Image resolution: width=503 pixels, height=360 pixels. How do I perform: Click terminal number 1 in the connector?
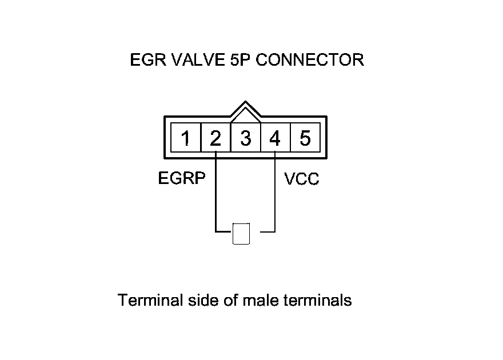pos(186,138)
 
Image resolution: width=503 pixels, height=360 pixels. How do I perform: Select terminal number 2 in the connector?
pos(215,138)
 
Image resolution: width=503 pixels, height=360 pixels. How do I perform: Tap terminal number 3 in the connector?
pos(245,139)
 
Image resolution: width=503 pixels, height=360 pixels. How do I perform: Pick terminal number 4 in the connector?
pos(275,138)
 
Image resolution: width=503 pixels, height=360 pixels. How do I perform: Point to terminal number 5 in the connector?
pos(305,138)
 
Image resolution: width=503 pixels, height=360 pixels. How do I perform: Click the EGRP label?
pos(182,179)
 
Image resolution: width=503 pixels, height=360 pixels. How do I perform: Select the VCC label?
pos(302,179)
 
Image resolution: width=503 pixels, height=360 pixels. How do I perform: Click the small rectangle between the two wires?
pos(242,233)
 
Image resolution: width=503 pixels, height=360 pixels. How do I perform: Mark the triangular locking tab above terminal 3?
pos(245,111)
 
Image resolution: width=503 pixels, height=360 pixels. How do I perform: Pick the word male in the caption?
pos(261,299)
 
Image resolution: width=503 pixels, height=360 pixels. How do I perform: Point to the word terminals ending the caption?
pos(317,299)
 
